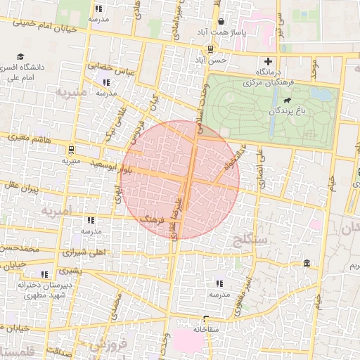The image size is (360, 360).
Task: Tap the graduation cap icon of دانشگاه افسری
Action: pyautogui.click(x=21, y=56)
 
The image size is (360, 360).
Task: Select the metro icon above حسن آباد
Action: pyautogui.click(x=209, y=49)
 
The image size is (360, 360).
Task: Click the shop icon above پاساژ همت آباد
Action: pyautogui.click(x=220, y=22)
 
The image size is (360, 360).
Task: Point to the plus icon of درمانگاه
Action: pyautogui.click(x=267, y=61)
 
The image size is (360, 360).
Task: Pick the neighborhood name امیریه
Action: pyautogui.click(x=57, y=211)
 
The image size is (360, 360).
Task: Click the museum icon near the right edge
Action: pyautogui.click(x=307, y=263)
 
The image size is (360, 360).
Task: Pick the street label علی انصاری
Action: pyautogui.click(x=260, y=169)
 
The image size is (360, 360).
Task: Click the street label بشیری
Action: pyautogui.click(x=70, y=270)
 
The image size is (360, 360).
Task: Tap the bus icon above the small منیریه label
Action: pyautogui.click(x=71, y=150)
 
